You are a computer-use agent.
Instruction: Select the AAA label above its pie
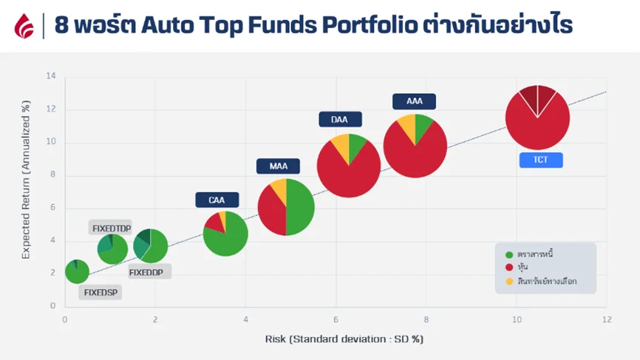click(415, 101)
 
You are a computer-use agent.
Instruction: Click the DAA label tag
click(339, 119)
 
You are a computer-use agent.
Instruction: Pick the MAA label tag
click(279, 166)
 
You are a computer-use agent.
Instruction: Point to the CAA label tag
click(217, 200)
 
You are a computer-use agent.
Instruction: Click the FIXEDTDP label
click(111, 228)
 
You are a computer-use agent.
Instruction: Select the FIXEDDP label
click(150, 272)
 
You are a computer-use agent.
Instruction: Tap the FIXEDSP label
click(101, 292)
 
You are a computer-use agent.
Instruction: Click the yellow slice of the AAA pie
click(407, 127)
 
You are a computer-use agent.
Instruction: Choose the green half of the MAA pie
click(300, 207)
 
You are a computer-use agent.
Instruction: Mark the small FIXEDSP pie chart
click(77, 271)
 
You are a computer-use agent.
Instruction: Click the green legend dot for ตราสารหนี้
click(508, 254)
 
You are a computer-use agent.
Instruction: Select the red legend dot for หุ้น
click(508, 268)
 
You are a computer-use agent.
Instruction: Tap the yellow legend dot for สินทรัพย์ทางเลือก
click(508, 281)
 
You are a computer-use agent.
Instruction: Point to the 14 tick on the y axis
click(51, 76)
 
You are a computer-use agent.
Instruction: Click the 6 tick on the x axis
click(336, 319)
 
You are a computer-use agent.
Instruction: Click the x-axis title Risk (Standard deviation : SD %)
click(344, 339)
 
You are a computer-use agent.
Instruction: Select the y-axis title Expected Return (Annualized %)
click(26, 191)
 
